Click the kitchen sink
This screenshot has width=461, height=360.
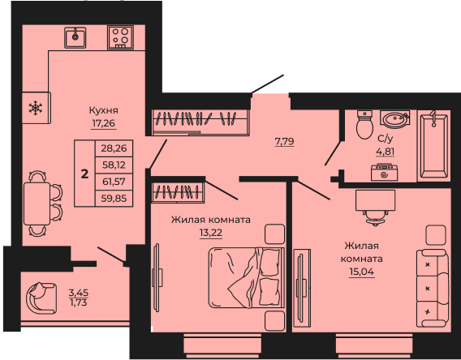[75, 37]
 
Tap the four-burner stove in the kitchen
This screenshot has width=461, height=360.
[120, 37]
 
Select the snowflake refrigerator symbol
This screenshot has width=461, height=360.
[36, 108]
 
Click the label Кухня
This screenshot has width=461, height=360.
[104, 110]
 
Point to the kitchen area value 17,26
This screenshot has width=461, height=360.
[104, 123]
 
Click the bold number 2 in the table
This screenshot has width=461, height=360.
[84, 174]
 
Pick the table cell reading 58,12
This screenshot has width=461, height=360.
[114, 165]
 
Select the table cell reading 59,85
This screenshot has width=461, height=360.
[114, 198]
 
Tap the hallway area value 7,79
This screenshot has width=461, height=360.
[284, 142]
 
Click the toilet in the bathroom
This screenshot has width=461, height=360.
[365, 124]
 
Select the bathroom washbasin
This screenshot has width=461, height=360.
[394, 119]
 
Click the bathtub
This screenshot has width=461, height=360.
[434, 145]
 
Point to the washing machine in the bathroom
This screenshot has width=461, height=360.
[384, 172]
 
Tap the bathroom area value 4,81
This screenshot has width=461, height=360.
[386, 152]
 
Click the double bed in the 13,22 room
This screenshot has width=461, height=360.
[247, 277]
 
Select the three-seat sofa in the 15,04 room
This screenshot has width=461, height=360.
[432, 289]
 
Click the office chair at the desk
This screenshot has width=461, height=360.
[376, 218]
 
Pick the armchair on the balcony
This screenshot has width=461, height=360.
[41, 298]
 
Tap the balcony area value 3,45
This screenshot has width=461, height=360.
[79, 293]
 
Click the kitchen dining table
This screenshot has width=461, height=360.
[37, 204]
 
